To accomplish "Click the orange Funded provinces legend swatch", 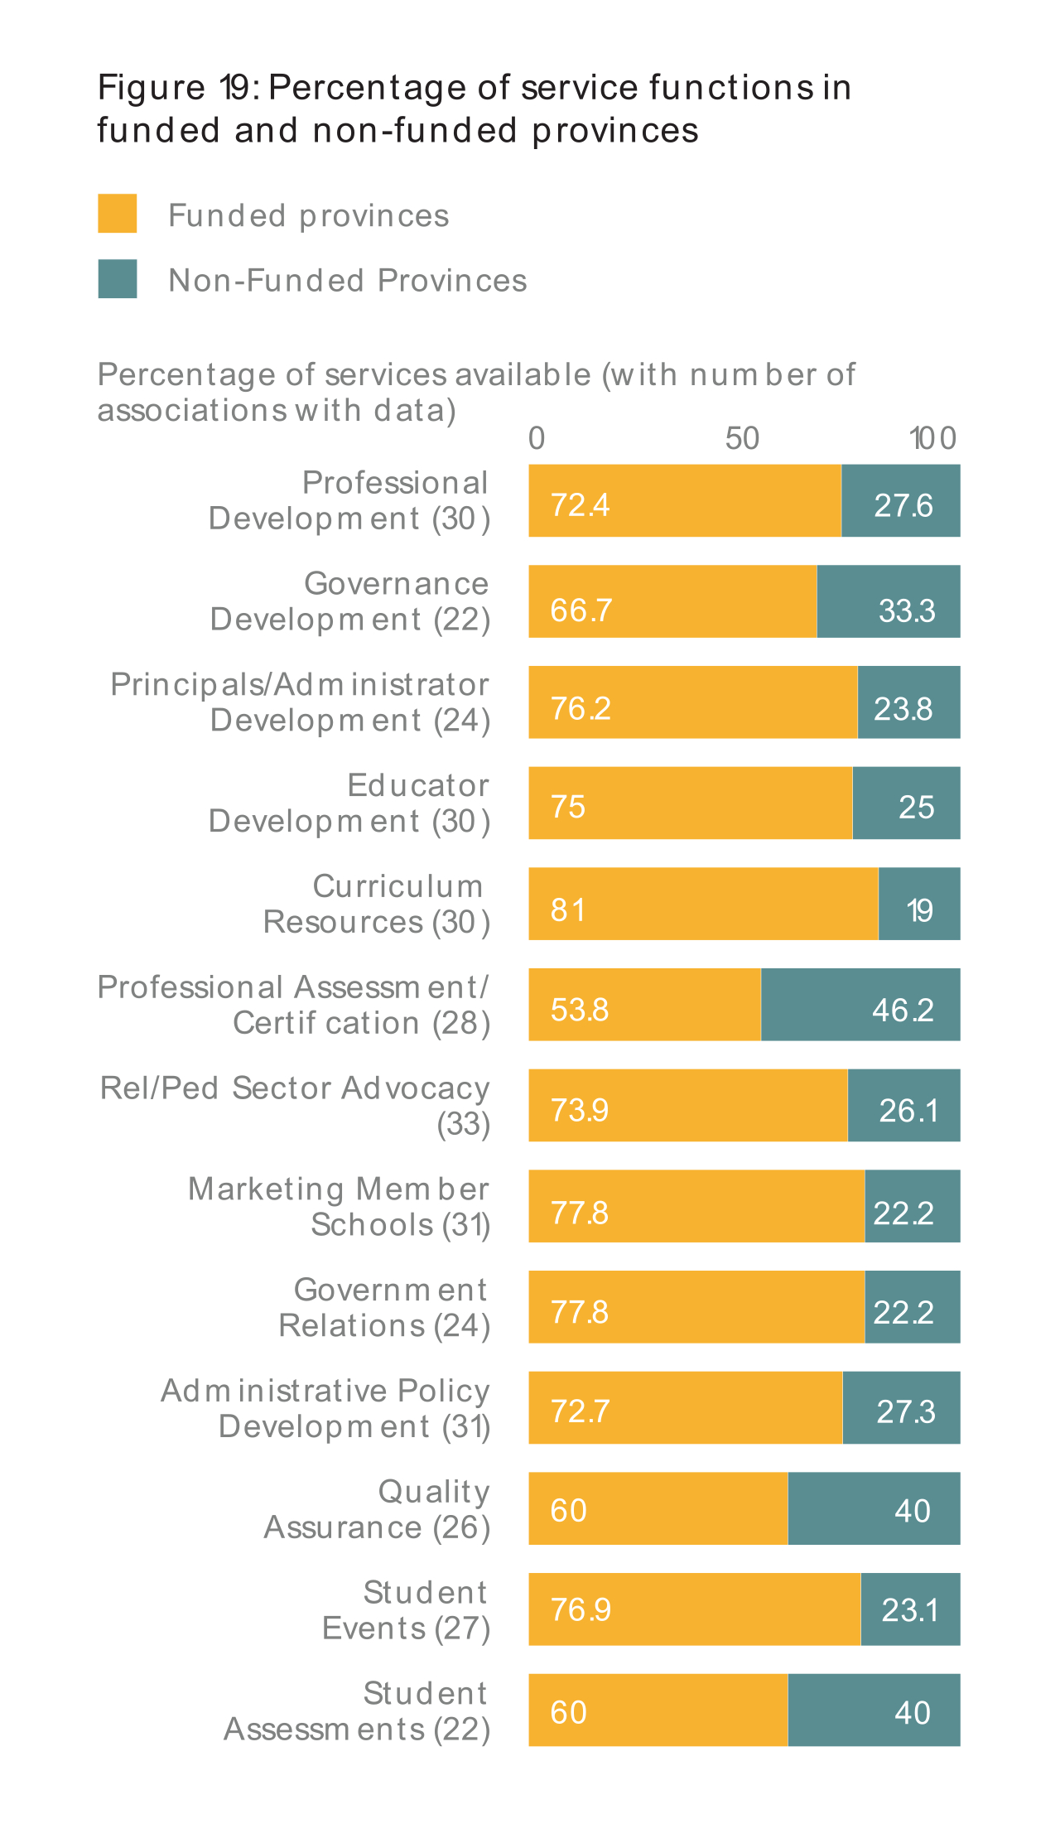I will coord(117,214).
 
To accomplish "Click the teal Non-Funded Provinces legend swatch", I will coord(117,279).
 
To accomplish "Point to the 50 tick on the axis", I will coord(742,438).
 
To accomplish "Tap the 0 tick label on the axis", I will coord(537,438).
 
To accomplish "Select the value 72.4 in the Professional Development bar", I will coord(580,504).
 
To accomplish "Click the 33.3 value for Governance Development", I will coord(907,611).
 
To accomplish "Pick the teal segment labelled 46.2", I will coord(860,1004).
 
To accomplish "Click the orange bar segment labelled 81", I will coord(703,904).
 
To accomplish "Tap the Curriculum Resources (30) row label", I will coord(376,904).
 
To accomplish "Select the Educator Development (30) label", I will coord(349,803).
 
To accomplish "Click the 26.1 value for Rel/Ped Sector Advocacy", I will coord(908,1111).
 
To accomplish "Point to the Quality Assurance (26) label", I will coord(377,1508).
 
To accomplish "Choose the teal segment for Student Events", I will coord(910,1609).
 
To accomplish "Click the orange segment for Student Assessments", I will coord(658,1710).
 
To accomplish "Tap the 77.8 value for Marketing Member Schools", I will coord(580,1213).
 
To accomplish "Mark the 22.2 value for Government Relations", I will coord(903,1312).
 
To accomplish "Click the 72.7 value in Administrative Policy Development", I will coord(580,1411).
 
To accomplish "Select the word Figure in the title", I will coord(151,87).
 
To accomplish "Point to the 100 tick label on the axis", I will coord(933,438).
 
